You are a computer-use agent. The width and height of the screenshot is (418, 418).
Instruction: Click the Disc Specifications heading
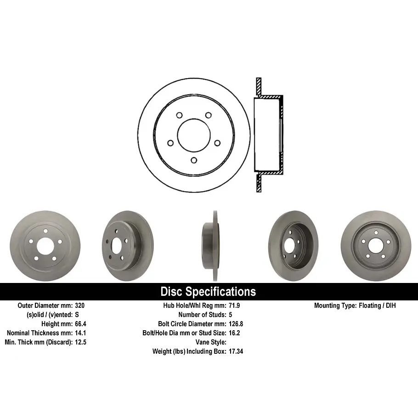[208, 291]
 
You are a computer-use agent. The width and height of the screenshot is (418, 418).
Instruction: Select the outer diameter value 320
[80, 305]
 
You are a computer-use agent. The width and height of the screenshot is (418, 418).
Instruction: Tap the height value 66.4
[80, 324]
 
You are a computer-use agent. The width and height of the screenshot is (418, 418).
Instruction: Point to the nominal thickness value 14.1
[80, 333]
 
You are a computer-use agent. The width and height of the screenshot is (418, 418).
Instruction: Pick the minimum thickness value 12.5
[80, 342]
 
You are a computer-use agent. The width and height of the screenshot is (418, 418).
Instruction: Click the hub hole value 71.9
[234, 305]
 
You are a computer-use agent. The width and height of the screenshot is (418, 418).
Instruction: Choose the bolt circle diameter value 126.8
[236, 324]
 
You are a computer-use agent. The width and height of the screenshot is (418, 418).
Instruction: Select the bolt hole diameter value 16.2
[234, 333]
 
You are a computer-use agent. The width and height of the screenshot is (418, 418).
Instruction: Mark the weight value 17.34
[236, 351]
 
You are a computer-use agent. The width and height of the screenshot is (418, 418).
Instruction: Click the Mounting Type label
[335, 305]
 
